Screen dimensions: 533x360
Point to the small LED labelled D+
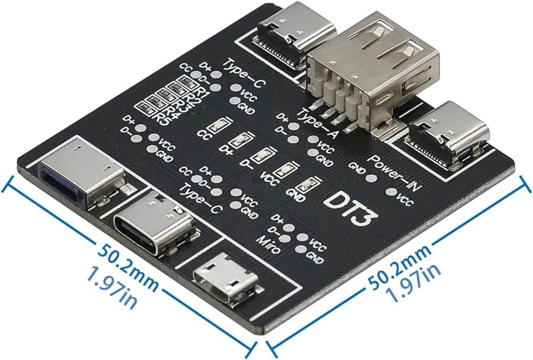pos(238,141)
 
